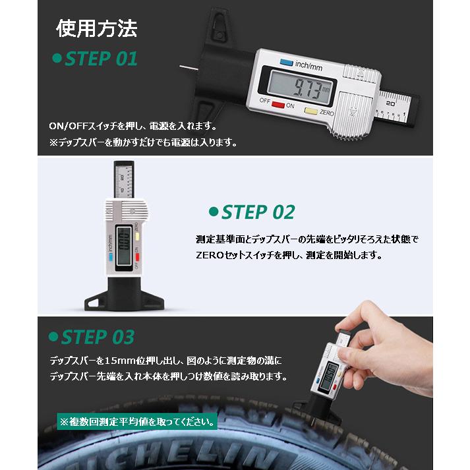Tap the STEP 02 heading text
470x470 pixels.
[257, 212]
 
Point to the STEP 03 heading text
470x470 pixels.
[97, 337]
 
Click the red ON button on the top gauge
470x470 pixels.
[278, 104]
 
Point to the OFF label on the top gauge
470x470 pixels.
[264, 101]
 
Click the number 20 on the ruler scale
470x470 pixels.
[391, 103]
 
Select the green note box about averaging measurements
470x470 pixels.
[136, 420]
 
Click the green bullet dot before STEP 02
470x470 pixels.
[212, 212]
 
